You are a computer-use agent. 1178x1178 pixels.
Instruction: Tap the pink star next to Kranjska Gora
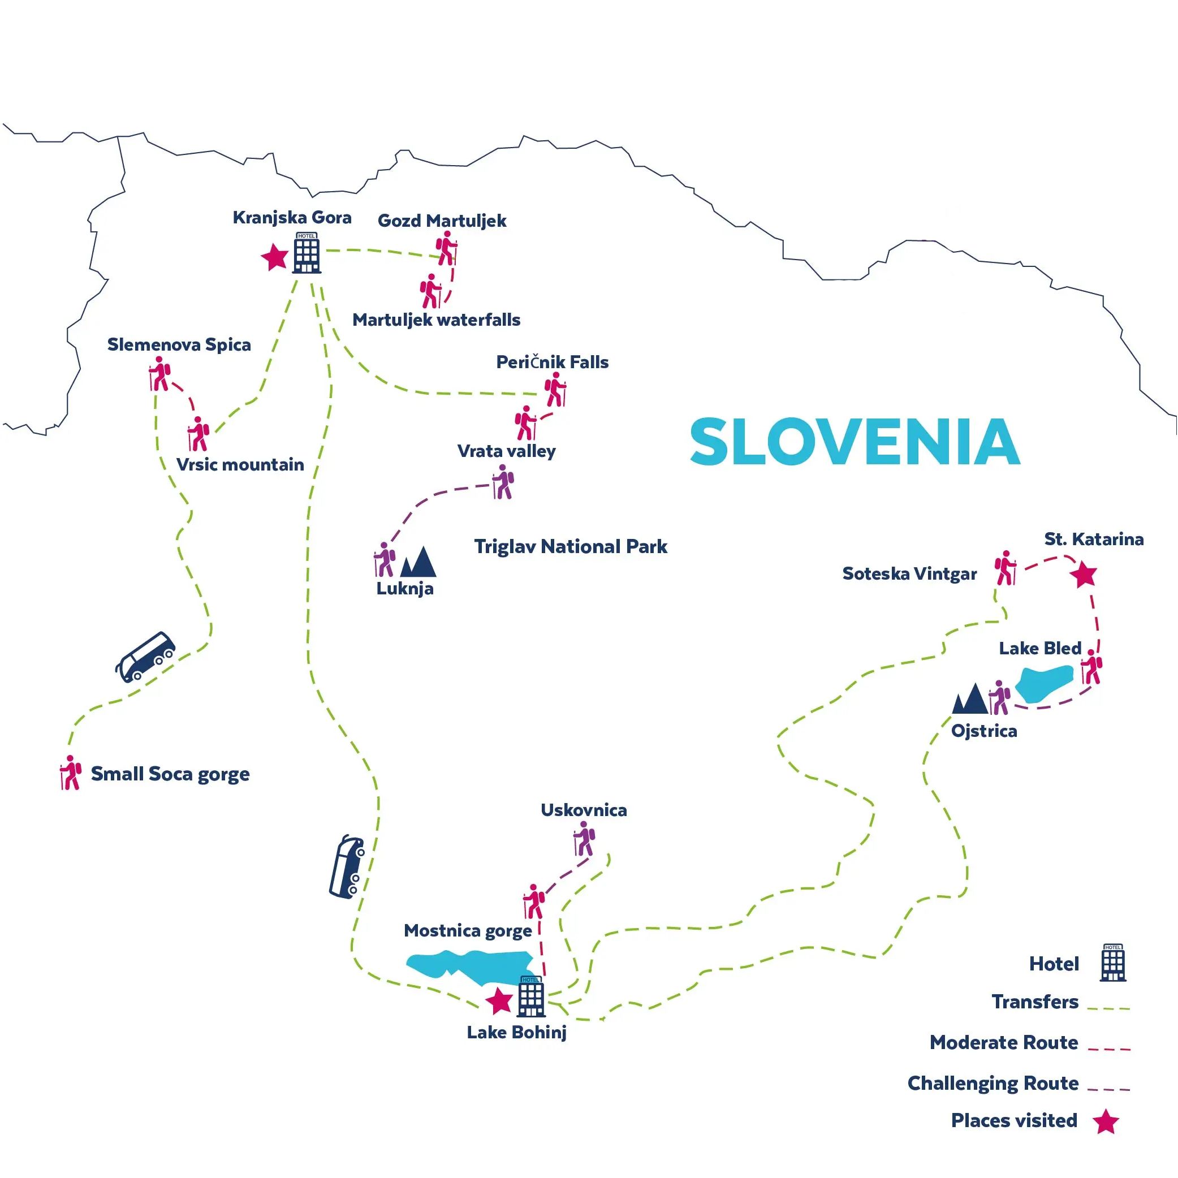coord(275,257)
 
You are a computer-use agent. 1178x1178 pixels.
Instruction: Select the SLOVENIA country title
coord(855,442)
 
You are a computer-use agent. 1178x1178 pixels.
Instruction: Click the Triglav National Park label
coord(571,546)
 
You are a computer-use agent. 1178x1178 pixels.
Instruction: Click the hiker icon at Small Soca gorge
coord(71,773)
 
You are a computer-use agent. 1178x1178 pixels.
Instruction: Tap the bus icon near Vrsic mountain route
coord(145,656)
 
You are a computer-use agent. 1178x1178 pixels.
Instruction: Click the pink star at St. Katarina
coord(1084,575)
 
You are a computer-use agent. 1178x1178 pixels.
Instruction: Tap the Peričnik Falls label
coord(552,362)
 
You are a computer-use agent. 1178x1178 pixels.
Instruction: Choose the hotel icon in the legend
coord(1113,963)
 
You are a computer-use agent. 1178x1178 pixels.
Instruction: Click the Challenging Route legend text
coord(993,1083)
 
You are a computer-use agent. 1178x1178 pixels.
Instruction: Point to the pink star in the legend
coord(1106,1121)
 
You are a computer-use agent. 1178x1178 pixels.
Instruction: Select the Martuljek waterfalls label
coord(436,320)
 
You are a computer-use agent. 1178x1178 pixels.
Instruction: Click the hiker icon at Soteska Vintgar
coord(1006,568)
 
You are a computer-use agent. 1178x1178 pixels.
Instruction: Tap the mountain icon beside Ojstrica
coord(970,699)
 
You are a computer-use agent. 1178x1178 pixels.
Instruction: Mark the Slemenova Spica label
coord(179,344)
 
